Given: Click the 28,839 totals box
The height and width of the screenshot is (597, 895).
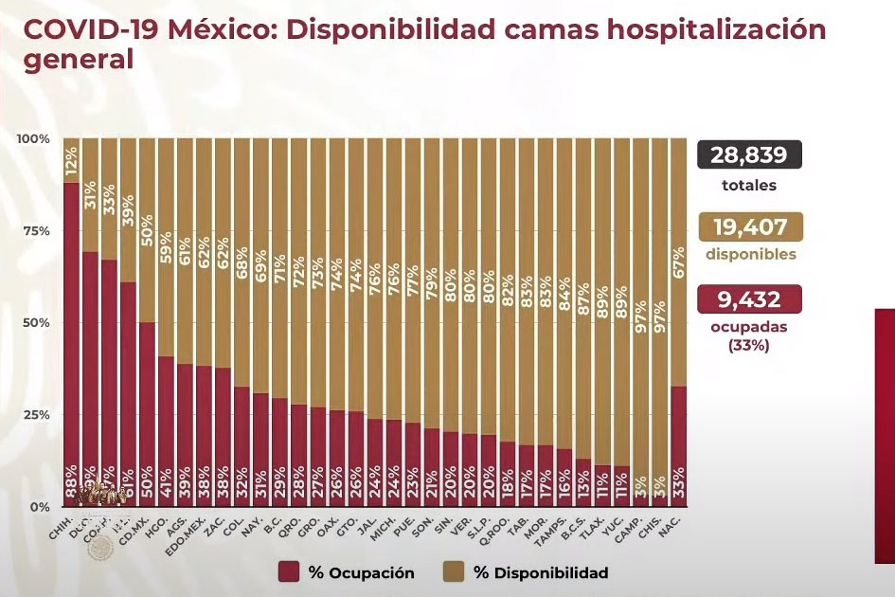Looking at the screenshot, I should tap(749, 155).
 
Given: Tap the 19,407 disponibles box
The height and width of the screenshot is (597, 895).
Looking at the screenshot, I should tap(749, 227).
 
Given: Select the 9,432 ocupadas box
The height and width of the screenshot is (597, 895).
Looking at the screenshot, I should tap(749, 299).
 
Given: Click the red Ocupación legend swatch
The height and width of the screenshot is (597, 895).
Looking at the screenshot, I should tap(290, 572).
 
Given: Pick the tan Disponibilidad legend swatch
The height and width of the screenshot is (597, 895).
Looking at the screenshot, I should tap(454, 572).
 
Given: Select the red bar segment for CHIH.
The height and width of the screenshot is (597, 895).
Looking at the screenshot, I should tap(71, 341).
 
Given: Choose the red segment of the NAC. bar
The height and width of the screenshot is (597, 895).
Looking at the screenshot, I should tap(678, 445).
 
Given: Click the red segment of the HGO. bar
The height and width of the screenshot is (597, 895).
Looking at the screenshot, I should tap(166, 431).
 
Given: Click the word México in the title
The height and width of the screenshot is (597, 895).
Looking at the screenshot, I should tap(224, 28).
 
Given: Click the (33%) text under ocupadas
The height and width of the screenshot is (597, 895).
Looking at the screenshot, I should tap(749, 346).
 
